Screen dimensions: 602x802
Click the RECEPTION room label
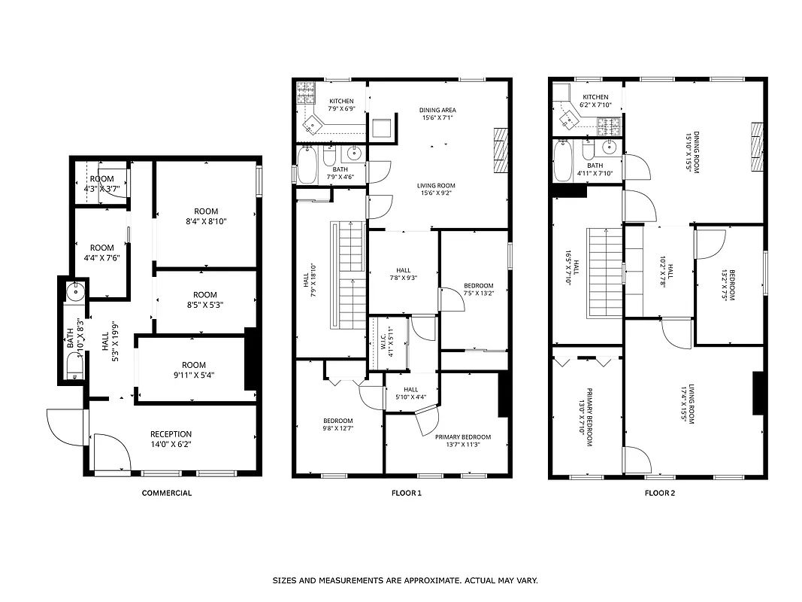pyautogui.click(x=171, y=434)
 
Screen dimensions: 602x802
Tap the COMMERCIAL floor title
pyautogui.click(x=167, y=494)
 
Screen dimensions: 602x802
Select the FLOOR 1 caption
pyautogui.click(x=406, y=494)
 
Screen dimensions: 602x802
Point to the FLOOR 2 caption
pyautogui.click(x=660, y=494)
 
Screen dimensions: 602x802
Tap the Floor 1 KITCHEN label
pyautogui.click(x=341, y=101)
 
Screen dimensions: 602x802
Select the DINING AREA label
pyautogui.click(x=437, y=111)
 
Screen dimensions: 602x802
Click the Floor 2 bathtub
pyautogui.click(x=563, y=160)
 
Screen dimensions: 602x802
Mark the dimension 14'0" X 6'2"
pyautogui.click(x=171, y=445)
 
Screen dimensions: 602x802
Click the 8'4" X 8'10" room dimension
pyautogui.click(x=205, y=221)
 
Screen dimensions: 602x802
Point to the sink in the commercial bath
pyautogui.click(x=74, y=290)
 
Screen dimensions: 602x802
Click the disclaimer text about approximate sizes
pyautogui.click(x=404, y=581)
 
